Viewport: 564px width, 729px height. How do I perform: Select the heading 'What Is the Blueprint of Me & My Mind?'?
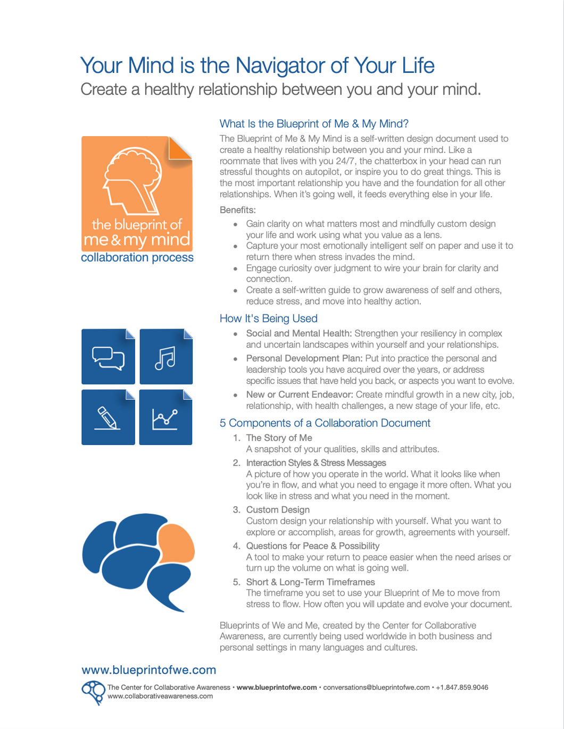click(x=314, y=124)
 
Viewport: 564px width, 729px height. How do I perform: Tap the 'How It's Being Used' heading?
click(x=268, y=319)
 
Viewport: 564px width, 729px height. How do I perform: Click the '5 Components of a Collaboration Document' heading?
click(x=325, y=423)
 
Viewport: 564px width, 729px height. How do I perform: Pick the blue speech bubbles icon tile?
click(x=108, y=357)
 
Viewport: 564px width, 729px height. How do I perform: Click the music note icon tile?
click(x=165, y=357)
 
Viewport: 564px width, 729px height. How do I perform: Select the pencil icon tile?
click(x=108, y=417)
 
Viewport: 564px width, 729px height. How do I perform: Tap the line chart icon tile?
click(x=165, y=417)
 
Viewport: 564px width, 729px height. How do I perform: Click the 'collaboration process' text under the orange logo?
click(x=137, y=258)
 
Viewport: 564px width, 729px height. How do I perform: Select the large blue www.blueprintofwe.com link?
click(x=149, y=670)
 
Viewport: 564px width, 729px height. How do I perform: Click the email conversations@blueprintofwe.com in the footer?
click(x=376, y=688)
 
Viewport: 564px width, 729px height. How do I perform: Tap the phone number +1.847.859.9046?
click(x=462, y=688)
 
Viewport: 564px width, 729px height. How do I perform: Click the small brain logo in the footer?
click(x=93, y=692)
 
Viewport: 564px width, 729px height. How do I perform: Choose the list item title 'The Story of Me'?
click(x=279, y=438)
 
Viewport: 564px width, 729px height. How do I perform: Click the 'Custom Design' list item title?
click(x=278, y=510)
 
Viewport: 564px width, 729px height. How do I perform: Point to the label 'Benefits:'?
click(x=238, y=210)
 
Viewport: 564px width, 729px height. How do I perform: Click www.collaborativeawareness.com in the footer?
click(x=160, y=697)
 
